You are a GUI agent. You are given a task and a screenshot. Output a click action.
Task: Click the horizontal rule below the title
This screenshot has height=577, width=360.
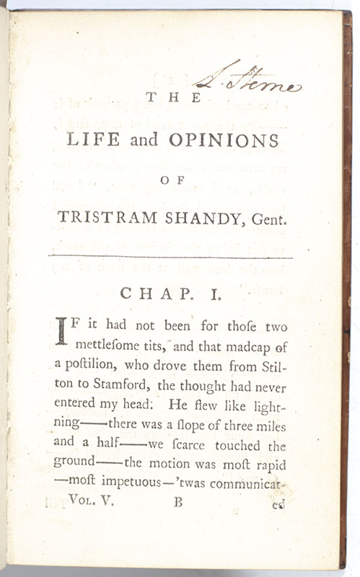170,256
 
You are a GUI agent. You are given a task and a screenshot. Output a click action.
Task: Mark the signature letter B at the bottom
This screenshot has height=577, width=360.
178,502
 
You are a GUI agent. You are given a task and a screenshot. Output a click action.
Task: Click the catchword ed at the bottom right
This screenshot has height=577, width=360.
278,504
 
